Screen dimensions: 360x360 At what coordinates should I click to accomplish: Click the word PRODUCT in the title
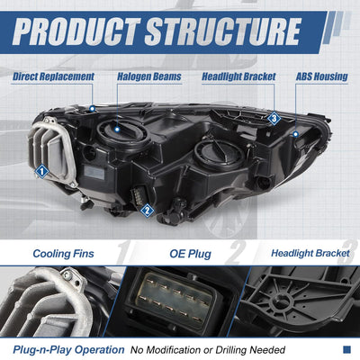tap(76, 31)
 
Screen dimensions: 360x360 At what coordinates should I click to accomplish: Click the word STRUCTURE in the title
tap(222, 31)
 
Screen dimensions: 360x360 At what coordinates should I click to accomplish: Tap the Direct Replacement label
tap(53, 76)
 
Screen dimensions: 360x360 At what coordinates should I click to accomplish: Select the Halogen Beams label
tap(149, 76)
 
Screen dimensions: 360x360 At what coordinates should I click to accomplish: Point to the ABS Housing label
tap(322, 76)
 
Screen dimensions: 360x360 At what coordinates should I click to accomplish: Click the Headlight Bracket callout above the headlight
tap(238, 76)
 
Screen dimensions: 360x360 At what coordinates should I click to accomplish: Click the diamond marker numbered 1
tap(41, 172)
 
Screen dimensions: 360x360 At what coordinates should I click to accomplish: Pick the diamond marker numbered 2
tap(147, 211)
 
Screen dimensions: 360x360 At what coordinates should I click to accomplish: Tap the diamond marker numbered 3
tap(274, 119)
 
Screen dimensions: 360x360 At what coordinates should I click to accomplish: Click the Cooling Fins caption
tap(63, 254)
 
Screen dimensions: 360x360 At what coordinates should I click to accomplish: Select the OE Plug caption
tap(190, 254)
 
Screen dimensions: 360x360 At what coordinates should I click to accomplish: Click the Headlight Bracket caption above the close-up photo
tap(310, 253)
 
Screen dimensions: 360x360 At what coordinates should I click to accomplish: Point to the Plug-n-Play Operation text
tap(68, 350)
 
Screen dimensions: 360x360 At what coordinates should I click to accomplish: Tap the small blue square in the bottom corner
tap(346, 349)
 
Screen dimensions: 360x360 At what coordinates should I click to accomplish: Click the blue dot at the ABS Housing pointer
tap(295, 134)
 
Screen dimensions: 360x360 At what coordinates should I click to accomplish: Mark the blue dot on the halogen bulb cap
tap(117, 130)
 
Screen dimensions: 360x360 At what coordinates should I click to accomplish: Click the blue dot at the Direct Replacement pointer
tap(92, 108)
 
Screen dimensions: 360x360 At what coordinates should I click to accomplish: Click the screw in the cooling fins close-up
tap(67, 275)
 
